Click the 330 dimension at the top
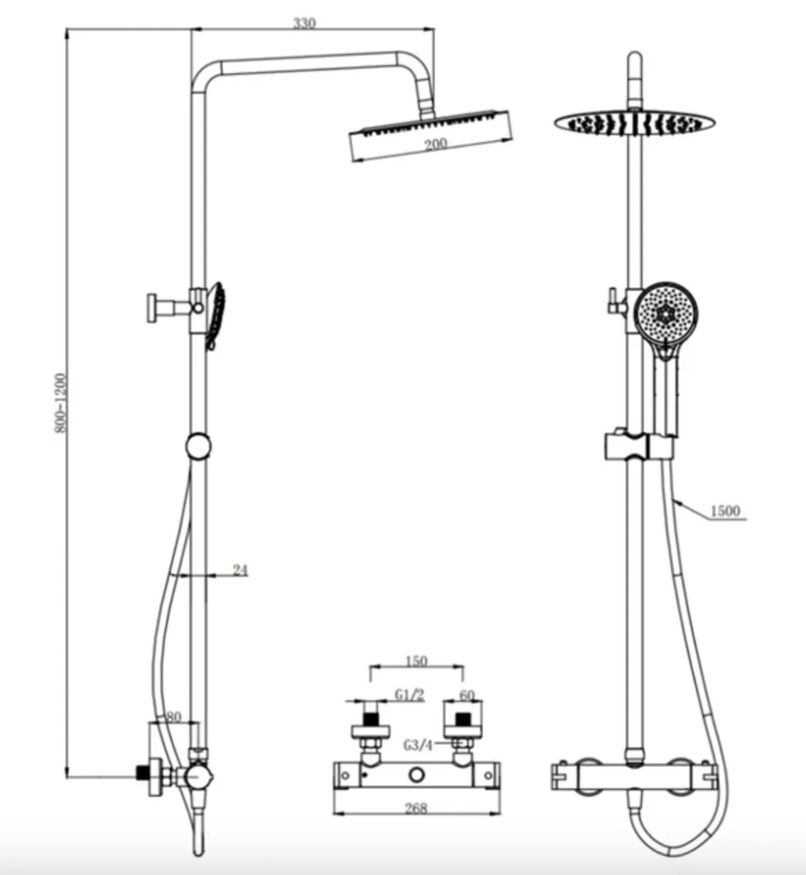tap(304, 23)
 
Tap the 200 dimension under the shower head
tap(435, 144)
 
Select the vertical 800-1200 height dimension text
tap(61, 404)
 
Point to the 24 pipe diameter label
tap(240, 570)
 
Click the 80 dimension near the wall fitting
tap(173, 717)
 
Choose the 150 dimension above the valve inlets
tap(416, 661)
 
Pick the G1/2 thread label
tap(409, 695)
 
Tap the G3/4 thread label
tap(418, 745)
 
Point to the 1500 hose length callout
tap(724, 510)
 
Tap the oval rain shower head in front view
tap(632, 123)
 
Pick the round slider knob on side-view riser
tap(198, 446)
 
